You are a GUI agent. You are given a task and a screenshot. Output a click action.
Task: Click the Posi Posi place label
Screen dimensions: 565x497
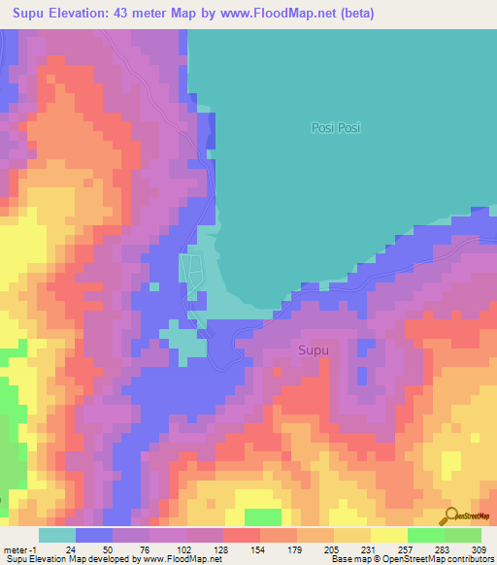[335, 127]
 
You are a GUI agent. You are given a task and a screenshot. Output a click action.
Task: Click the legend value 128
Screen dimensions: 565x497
[222, 548]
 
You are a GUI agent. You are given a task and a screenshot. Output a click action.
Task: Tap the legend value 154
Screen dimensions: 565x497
[259, 548]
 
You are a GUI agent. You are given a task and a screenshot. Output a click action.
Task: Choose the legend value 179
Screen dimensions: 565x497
[296, 548]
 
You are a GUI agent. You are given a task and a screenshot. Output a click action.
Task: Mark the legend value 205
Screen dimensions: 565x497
[333, 548]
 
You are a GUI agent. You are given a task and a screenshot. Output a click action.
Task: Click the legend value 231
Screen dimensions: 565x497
[370, 548]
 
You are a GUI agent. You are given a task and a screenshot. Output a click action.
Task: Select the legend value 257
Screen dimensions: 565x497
[407, 548]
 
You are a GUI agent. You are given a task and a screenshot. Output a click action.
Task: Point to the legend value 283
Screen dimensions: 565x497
[444, 548]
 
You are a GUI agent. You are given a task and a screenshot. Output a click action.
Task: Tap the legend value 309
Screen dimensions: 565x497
[480, 548]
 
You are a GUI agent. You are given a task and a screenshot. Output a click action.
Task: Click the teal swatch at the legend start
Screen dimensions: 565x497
[57, 535]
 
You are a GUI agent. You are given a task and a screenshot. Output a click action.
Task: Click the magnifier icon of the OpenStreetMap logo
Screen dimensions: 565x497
[450, 515]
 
